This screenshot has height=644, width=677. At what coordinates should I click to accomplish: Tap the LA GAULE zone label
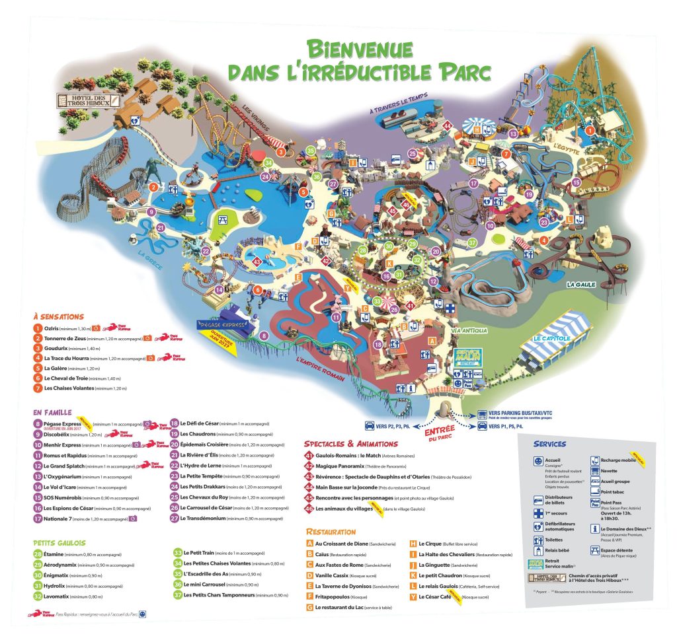click(581, 285)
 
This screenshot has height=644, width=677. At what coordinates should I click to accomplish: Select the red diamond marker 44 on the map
click(448, 126)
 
